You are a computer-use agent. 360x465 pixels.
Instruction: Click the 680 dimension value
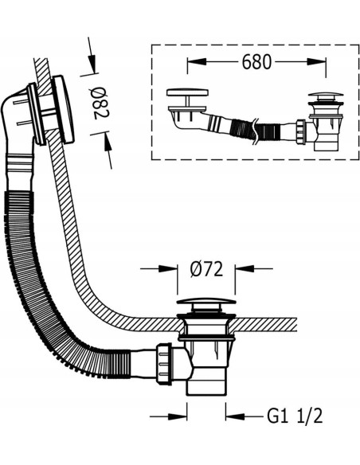[256, 62]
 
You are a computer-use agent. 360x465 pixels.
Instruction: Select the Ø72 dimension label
[206, 269]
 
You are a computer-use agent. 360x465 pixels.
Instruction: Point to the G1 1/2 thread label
[295, 416]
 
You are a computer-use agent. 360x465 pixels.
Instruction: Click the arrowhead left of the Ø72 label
[168, 268]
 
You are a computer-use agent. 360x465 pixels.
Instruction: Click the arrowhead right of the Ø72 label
[245, 268]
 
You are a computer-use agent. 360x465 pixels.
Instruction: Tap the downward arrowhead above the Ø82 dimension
[92, 63]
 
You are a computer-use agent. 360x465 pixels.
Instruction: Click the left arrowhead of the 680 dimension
[197, 61]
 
